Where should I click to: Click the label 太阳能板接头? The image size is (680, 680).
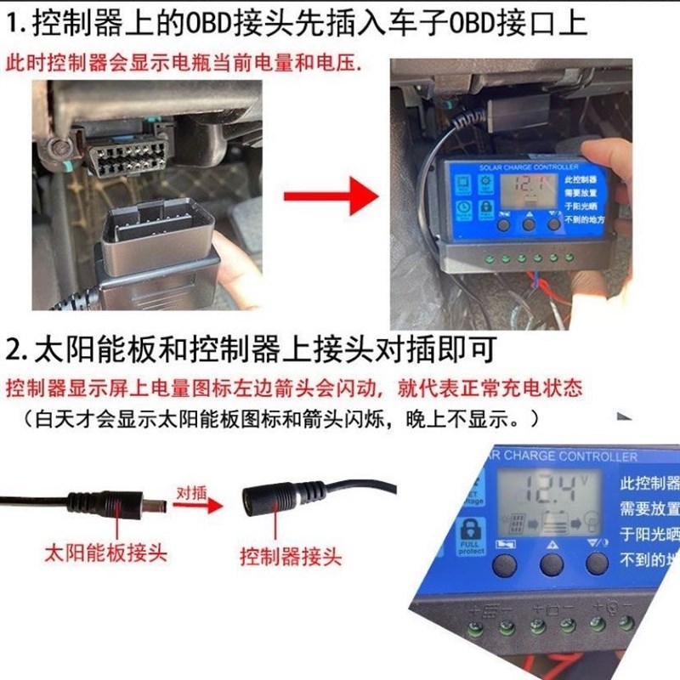105,553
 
